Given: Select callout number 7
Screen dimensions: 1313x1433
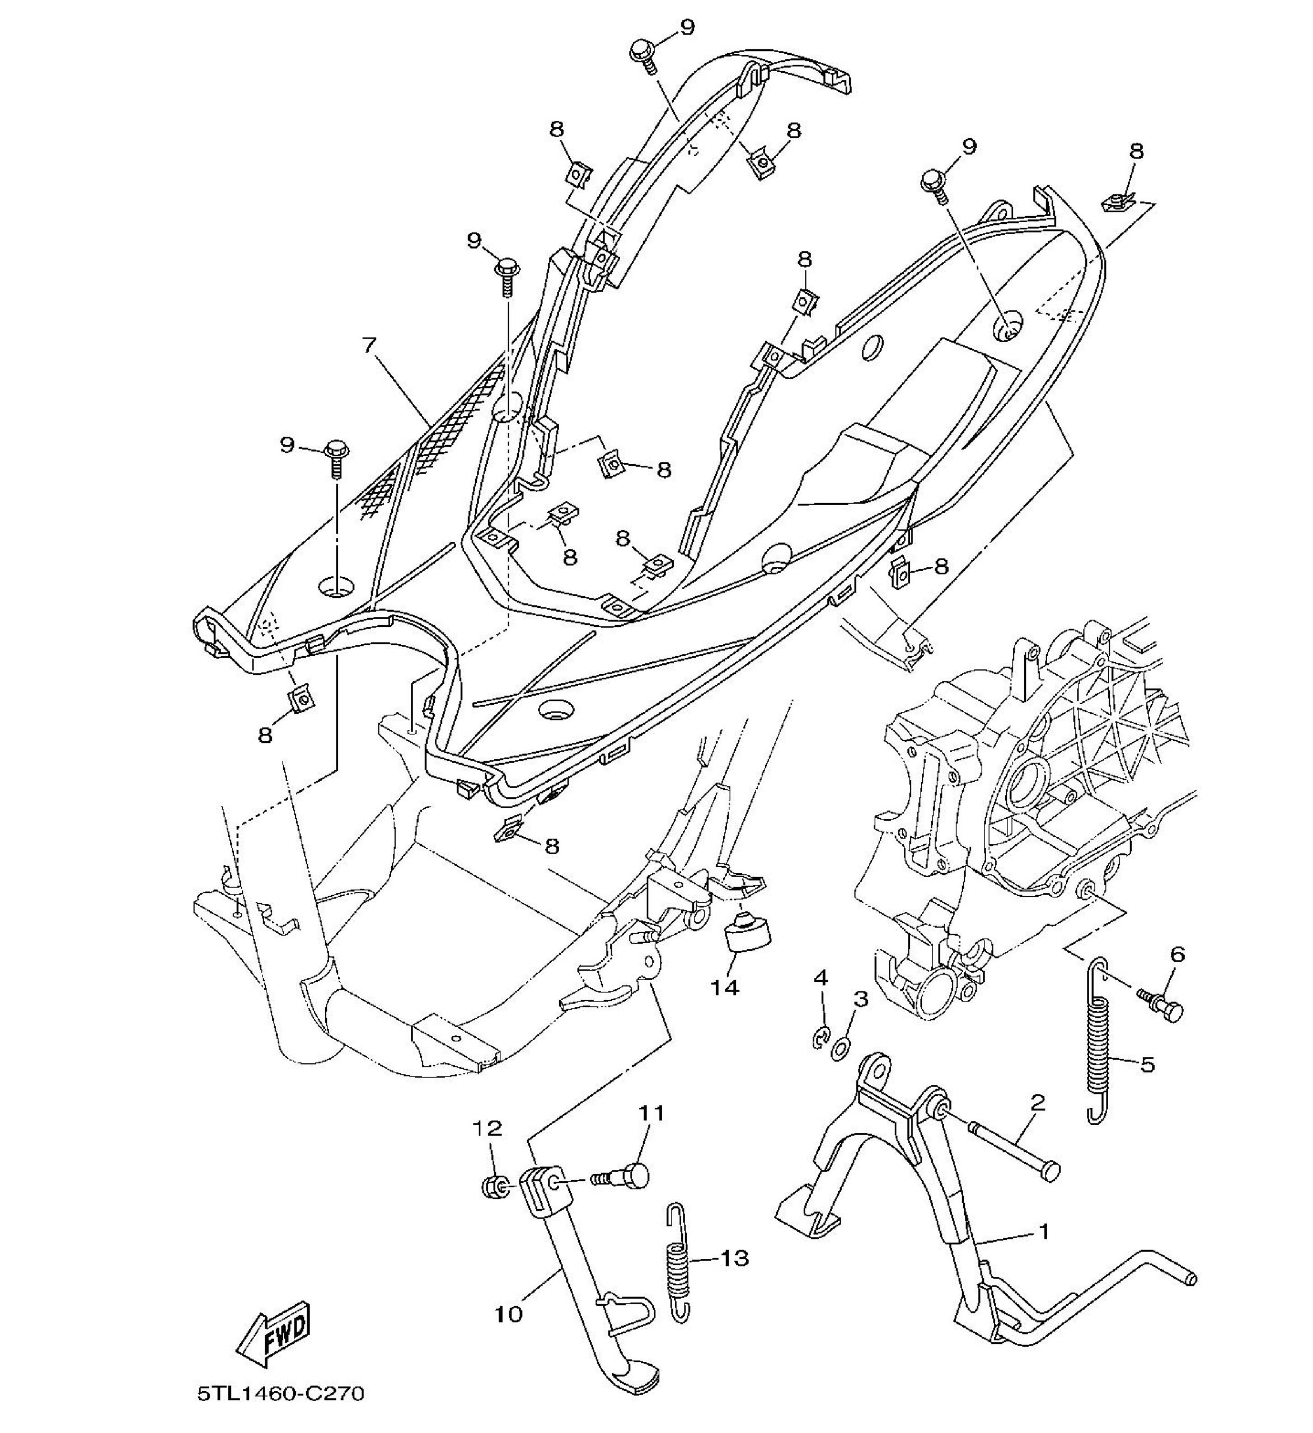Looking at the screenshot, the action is pos(368,345).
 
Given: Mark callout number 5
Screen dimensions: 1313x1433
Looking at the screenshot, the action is pos(1147,1064).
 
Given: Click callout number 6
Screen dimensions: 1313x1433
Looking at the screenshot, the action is pos(1178,954).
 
